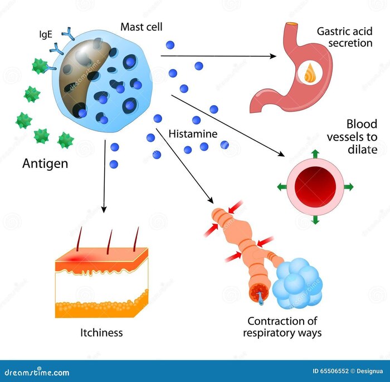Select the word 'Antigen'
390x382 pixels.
pos(45,164)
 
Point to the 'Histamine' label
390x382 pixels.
pos(192,134)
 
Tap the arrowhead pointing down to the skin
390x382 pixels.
pos(104,209)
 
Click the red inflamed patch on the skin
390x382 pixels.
pos(75,259)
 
